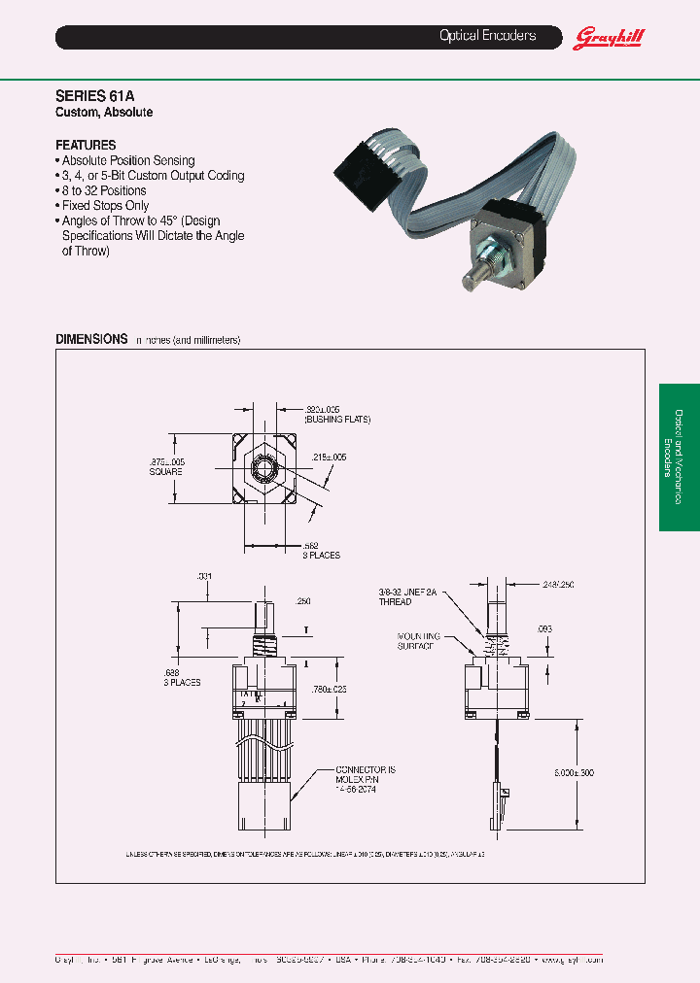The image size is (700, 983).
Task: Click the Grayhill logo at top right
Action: click(610, 38)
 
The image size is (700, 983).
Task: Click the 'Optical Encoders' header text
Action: click(487, 36)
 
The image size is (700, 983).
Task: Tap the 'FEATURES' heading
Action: click(86, 145)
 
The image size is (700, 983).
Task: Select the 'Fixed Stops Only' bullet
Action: click(102, 206)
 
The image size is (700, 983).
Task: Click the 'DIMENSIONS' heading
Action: click(91, 339)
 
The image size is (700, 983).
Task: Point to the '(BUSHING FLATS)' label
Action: click(337, 420)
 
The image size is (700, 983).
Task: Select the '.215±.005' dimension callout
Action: click(329, 457)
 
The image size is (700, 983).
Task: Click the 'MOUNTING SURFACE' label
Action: click(419, 641)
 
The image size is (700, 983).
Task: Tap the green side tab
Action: click(679, 457)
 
